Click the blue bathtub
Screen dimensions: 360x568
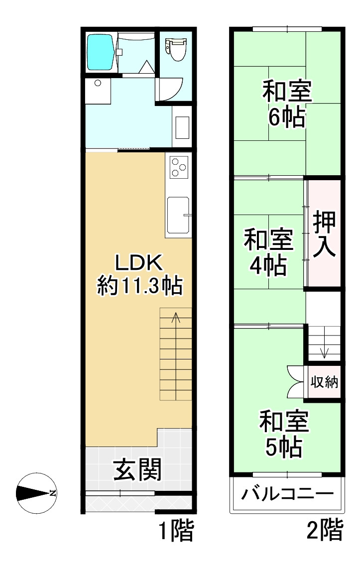click(102, 52)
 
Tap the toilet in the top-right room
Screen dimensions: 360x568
click(176, 50)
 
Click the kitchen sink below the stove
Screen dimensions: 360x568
click(178, 215)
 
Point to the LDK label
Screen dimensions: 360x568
click(139, 263)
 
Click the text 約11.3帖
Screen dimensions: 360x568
click(139, 285)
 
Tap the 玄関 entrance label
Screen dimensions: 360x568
click(137, 470)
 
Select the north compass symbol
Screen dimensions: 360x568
click(36, 493)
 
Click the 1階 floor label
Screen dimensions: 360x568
click(177, 530)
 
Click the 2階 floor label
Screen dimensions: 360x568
click(325, 530)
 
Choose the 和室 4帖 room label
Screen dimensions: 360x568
click(268, 252)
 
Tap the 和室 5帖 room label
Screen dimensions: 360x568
click(284, 434)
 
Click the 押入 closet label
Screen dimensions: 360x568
click(324, 234)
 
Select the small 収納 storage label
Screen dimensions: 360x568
click(324, 382)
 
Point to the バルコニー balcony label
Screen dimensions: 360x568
click(287, 493)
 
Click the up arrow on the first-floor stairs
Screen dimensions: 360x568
click(176, 318)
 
